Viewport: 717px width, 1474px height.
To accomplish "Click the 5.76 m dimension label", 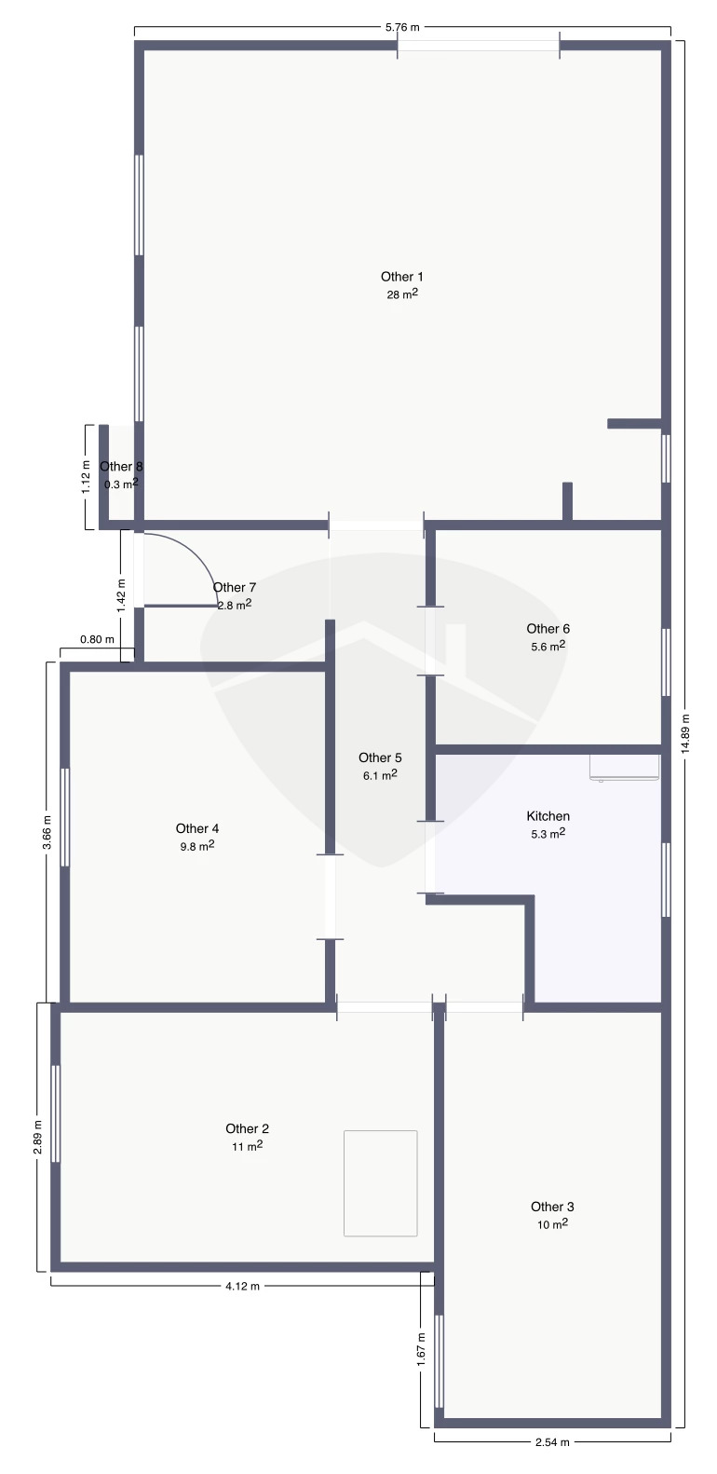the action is tap(402, 28).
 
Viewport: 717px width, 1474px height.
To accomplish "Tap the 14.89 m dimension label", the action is tap(685, 733).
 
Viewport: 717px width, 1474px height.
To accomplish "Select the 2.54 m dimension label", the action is tap(552, 1461).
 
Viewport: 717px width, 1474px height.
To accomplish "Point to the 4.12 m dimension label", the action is tap(242, 1286).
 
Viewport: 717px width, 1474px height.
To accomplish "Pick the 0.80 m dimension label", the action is tap(97, 639).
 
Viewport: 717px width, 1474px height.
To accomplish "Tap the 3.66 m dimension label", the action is tap(47, 832).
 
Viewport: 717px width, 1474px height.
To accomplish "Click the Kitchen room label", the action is tap(548, 816).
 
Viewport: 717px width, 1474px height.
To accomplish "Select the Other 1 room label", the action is tap(402, 277).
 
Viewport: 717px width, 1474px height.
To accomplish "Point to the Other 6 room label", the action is tap(548, 628).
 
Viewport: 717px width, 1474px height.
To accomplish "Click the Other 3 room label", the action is tap(552, 1207).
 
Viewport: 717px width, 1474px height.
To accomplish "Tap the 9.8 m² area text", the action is tap(197, 846).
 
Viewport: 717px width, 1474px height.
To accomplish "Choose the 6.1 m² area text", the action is tap(380, 774).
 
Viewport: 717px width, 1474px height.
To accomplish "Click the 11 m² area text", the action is tap(248, 1146).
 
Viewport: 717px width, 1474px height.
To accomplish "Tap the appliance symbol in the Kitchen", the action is tap(624, 768).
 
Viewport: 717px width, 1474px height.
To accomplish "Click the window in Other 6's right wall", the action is tap(666, 662).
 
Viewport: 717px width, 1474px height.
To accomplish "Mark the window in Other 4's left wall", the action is tap(64, 817).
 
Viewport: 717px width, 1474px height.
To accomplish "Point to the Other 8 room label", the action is tap(121, 467).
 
